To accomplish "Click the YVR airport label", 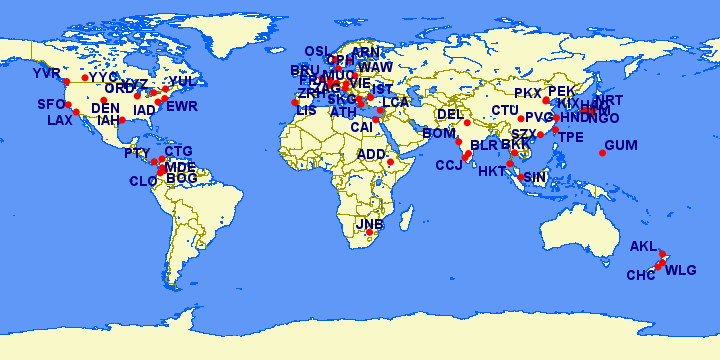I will tap(46, 74).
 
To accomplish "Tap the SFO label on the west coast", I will tap(51, 104).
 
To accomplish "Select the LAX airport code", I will tap(60, 121).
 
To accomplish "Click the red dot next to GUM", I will tap(603, 152).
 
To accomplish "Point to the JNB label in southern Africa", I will tap(369, 224).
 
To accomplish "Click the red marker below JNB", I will tap(370, 233).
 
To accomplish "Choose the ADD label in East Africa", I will tap(371, 154).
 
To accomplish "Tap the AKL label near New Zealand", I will tap(644, 246).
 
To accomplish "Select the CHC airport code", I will tap(641, 275).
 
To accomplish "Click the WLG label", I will tap(681, 270).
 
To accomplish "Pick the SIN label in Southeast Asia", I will tap(535, 177).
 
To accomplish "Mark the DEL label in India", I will tap(451, 114).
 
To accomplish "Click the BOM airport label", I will tap(439, 132).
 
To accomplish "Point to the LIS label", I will tap(306, 111).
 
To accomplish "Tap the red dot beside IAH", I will tap(122, 120).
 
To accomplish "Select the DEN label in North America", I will tap(105, 108).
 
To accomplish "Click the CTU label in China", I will tap(505, 110).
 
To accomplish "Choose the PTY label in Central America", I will tap(137, 153).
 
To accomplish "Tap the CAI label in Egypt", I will tap(361, 127).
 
